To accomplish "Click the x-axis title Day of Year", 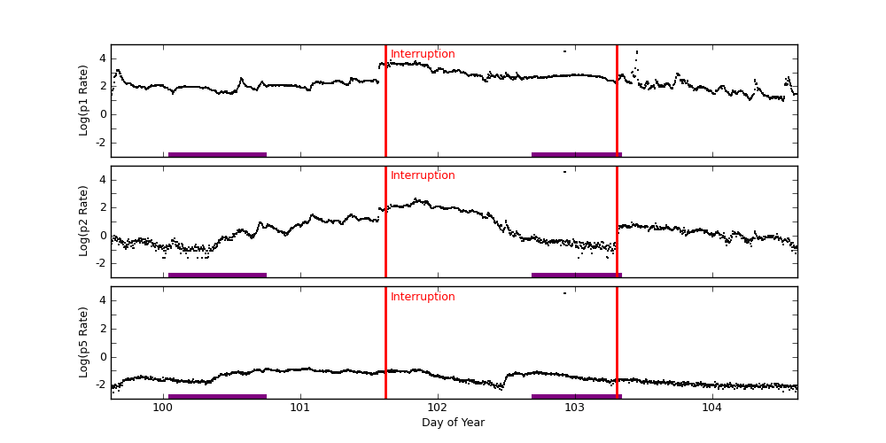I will click(453, 423).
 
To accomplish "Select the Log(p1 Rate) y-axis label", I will click(84, 100).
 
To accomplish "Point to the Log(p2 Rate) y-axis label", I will click(84, 221).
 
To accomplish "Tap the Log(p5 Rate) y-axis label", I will click(84, 342).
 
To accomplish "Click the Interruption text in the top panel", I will click(423, 54).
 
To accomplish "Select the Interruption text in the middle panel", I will click(423, 175).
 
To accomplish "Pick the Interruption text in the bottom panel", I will click(423, 297).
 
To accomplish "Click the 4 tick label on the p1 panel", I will click(102, 58).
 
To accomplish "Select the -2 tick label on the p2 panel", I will click(100, 263).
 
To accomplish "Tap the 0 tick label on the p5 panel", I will click(102, 357).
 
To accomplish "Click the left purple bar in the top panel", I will click(217, 154).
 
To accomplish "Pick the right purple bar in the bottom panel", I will click(576, 396).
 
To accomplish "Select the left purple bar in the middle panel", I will click(217, 275).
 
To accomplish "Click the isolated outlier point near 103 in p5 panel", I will click(564, 293).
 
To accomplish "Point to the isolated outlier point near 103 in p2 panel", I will click(564, 172).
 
